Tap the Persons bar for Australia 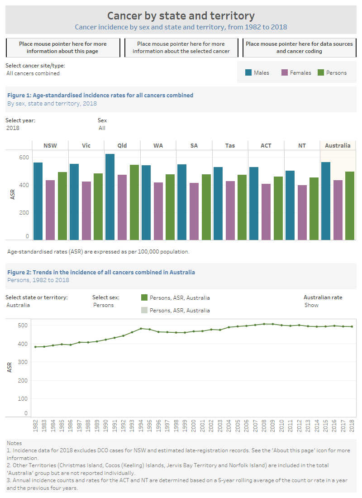[x=350, y=206]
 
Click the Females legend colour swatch [x=285, y=72]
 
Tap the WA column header [x=158, y=145]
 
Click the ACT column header [x=266, y=145]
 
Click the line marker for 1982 [x=35, y=347]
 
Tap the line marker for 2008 [x=264, y=324]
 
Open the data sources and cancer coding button [x=299, y=48]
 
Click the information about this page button [x=63, y=48]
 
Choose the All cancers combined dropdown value [x=33, y=73]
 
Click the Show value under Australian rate [x=311, y=305]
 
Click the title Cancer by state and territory [x=181, y=16]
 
